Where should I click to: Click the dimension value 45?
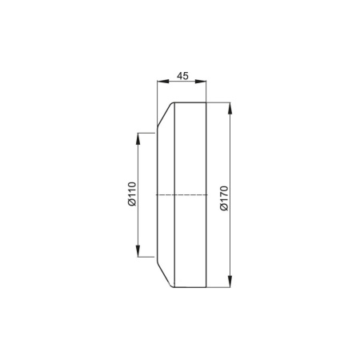click(x=182, y=76)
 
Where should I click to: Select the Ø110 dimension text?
click(x=132, y=194)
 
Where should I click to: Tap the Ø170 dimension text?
click(x=224, y=198)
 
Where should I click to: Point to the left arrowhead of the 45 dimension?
click(x=162, y=82)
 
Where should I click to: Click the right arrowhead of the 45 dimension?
click(x=201, y=82)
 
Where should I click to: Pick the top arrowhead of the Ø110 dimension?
click(x=138, y=138)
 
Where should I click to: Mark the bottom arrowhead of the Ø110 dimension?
click(x=138, y=251)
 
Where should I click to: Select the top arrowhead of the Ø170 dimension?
click(x=230, y=108)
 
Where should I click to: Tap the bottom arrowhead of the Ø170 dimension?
click(x=230, y=282)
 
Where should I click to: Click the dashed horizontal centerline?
click(x=182, y=195)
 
